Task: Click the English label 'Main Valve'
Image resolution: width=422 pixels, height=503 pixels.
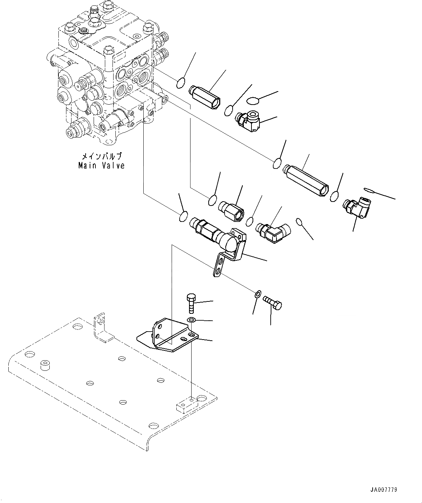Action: [102, 166]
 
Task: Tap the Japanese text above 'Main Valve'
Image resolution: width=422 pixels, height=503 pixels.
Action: [101, 157]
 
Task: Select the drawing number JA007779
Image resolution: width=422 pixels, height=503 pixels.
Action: [384, 490]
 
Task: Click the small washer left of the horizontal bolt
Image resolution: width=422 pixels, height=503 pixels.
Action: [257, 293]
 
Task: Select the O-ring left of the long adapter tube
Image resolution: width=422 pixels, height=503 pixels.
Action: [278, 163]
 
